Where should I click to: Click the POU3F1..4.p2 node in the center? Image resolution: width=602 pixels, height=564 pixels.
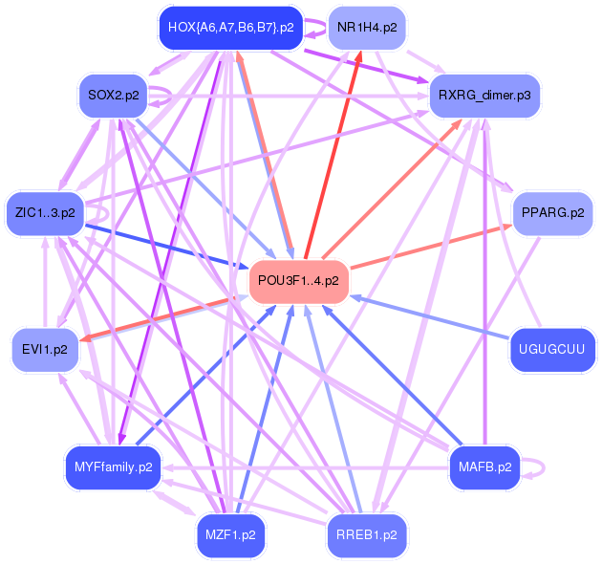point(298,281)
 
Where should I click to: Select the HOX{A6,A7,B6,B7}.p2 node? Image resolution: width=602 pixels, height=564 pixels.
point(230,27)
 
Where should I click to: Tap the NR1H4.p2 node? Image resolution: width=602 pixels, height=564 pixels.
point(366,27)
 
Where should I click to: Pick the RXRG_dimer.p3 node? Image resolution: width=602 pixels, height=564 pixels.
point(484,95)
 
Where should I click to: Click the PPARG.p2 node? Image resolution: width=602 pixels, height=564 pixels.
point(553,212)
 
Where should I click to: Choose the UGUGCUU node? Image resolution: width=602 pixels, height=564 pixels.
point(553,349)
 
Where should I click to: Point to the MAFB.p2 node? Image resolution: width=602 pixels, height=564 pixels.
point(485,467)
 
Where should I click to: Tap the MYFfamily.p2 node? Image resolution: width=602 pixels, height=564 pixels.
point(112,467)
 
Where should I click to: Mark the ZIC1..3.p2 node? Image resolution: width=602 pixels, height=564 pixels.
point(44,212)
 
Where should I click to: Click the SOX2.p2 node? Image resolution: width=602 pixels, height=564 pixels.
point(112,95)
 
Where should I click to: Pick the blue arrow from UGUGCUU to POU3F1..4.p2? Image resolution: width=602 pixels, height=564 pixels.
point(430,315)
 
